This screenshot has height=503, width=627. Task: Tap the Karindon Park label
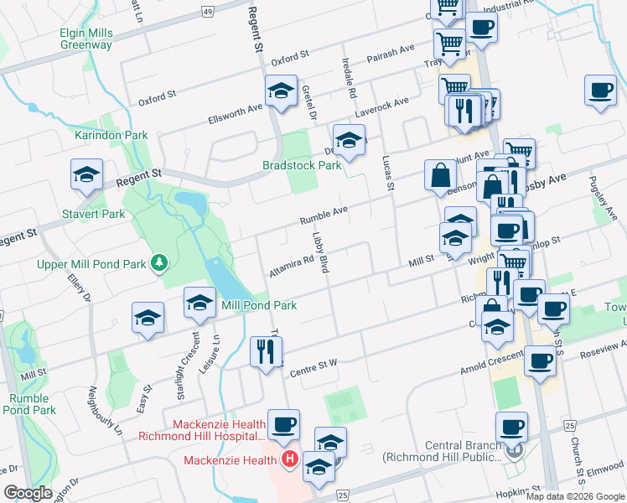111,135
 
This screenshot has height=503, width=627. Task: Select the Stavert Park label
93,214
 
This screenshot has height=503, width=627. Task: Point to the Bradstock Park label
302,165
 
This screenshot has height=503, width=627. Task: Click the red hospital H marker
290,459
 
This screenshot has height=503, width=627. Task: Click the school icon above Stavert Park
85,174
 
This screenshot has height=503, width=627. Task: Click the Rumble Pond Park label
29,404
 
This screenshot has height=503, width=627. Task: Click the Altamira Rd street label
291,266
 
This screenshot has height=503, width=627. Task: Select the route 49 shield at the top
207,10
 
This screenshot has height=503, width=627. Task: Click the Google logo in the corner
28,493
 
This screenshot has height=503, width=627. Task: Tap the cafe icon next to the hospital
283,424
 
